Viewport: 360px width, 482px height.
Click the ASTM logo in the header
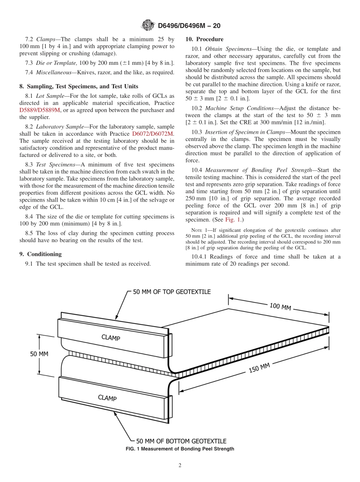(148, 25)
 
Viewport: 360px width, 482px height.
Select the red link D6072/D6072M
(153, 134)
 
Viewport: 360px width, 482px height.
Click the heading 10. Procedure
(204, 39)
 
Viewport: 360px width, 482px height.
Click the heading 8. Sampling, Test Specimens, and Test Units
(78, 86)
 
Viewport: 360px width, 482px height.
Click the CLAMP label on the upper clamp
(111, 338)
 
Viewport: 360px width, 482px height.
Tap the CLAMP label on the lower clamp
(107, 397)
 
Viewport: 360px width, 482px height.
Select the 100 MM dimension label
(280, 307)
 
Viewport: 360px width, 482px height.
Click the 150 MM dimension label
(259, 368)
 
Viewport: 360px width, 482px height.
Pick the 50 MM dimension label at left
(39, 354)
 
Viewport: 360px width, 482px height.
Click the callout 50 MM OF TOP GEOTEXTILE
(172, 292)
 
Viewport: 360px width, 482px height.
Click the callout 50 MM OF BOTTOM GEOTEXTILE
(181, 441)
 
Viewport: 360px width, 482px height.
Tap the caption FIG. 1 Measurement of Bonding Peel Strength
(180, 449)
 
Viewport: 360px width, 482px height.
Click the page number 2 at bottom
(180, 465)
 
